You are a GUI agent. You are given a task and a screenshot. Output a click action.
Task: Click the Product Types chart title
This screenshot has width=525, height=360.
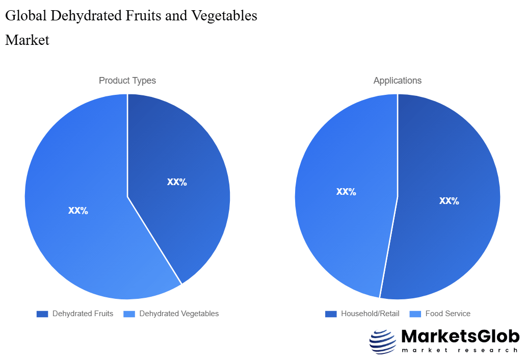tap(127, 81)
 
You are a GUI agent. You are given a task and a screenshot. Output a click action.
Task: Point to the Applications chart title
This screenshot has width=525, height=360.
tap(398, 81)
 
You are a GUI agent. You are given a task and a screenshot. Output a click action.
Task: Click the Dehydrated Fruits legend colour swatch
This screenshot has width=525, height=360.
tap(42, 314)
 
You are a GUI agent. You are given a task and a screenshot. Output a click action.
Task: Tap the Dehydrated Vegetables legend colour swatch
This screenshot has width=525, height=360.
tap(129, 314)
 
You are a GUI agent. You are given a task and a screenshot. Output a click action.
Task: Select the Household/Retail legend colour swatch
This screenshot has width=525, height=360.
tap(331, 314)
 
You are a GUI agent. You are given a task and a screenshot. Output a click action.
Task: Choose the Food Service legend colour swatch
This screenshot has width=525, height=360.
tap(415, 314)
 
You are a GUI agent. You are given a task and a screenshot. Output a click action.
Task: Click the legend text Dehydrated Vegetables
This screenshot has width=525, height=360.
tap(179, 314)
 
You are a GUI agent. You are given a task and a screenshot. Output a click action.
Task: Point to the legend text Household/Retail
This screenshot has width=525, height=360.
tap(370, 314)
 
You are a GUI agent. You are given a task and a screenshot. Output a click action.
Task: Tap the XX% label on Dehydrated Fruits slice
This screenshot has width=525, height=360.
tap(177, 182)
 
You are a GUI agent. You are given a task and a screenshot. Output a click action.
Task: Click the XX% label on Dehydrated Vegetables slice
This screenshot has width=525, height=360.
tap(78, 211)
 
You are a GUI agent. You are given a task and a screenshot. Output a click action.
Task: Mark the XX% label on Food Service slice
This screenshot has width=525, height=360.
tap(346, 192)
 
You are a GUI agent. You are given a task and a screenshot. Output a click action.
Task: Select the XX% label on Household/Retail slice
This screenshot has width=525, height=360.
tap(449, 201)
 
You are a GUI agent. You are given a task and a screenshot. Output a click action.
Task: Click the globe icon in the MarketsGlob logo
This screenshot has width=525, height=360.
tap(382, 342)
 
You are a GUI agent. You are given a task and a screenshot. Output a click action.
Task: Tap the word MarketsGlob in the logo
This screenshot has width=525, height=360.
tap(460, 337)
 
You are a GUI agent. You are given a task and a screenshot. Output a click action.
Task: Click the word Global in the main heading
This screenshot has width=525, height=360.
tap(25, 16)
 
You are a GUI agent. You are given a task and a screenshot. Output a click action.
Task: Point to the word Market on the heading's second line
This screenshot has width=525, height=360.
tap(27, 40)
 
